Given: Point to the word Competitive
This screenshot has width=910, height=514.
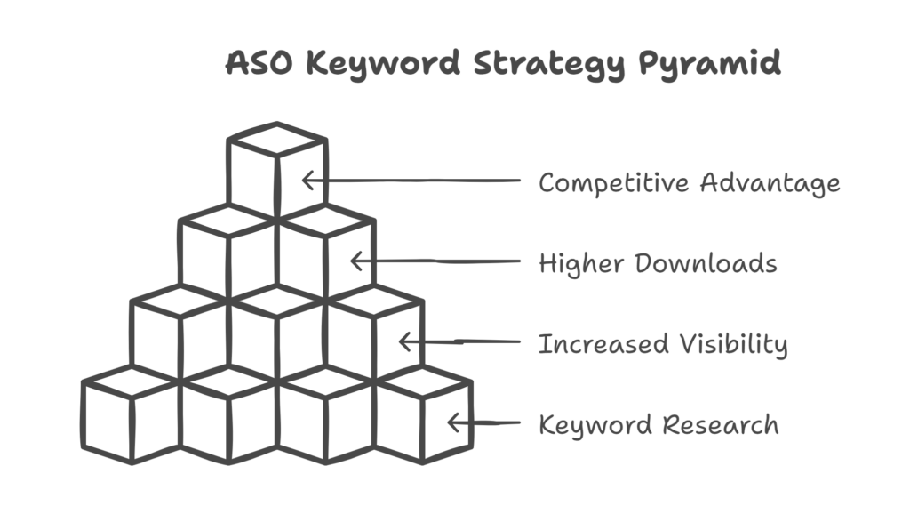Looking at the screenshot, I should coord(613,183).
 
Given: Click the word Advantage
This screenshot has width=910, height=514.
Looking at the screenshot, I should coord(769,183).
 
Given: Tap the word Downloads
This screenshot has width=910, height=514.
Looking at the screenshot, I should coord(706,264).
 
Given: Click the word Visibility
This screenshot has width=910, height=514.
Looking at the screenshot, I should coord(734,344).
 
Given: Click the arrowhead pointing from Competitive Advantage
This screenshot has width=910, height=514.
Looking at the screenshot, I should coord(307,181).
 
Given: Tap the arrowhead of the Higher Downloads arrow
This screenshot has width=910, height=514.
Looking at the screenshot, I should coord(355,261).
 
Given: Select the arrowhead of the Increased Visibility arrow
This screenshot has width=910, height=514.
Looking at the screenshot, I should coord(404,342).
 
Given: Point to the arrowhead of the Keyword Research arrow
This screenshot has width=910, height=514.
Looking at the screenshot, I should coord(453,423).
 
